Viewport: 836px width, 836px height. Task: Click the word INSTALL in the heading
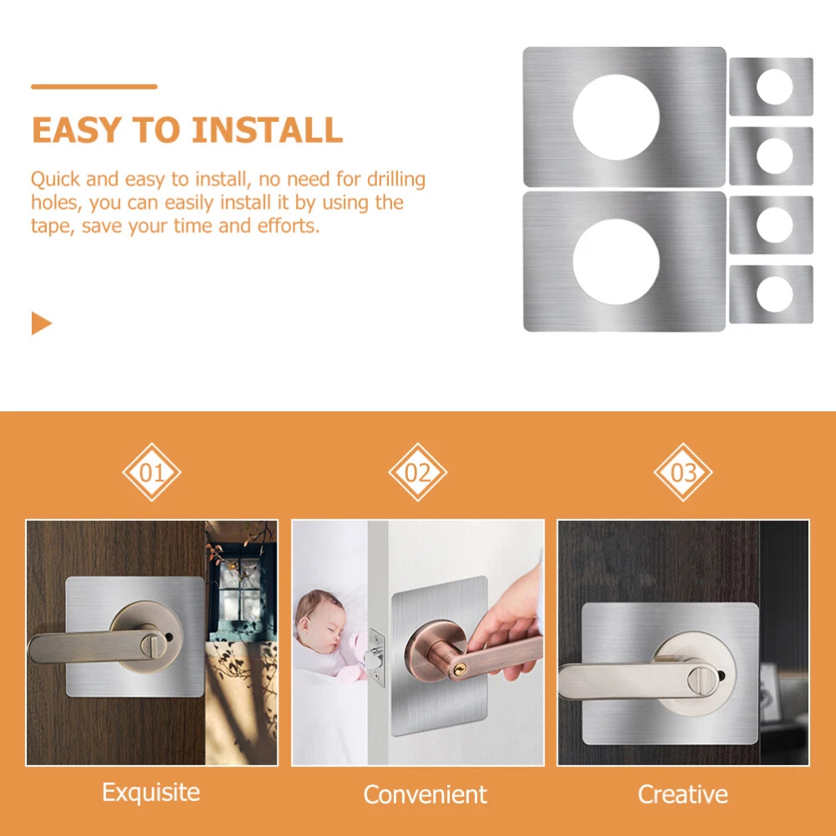[x=268, y=130]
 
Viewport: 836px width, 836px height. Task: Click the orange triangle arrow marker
[x=42, y=323]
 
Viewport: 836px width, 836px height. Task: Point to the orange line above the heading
[x=94, y=86]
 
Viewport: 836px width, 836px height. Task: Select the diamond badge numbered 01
[x=152, y=472]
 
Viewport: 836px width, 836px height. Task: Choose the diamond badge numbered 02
[x=417, y=472]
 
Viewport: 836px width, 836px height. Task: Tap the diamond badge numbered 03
[x=683, y=472]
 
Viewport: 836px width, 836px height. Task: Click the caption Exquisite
[x=150, y=793]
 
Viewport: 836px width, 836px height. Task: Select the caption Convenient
[x=425, y=794]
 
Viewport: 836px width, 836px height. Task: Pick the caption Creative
[x=683, y=794]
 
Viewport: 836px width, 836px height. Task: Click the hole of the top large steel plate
[x=616, y=117]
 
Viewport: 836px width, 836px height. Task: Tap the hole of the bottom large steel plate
[x=616, y=262]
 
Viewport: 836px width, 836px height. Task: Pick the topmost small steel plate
[x=771, y=86]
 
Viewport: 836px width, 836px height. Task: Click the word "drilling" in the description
[x=396, y=180]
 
